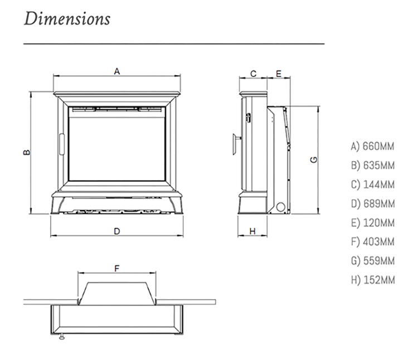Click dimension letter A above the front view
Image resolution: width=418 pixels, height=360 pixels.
(x=117, y=71)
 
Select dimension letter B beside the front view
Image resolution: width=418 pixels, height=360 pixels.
(x=26, y=152)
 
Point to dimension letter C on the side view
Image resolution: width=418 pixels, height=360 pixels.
(x=253, y=73)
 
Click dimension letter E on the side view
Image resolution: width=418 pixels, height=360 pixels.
(x=279, y=73)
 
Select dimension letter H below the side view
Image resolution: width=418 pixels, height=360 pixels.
(x=252, y=231)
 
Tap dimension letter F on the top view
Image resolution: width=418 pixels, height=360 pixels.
(x=117, y=269)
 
